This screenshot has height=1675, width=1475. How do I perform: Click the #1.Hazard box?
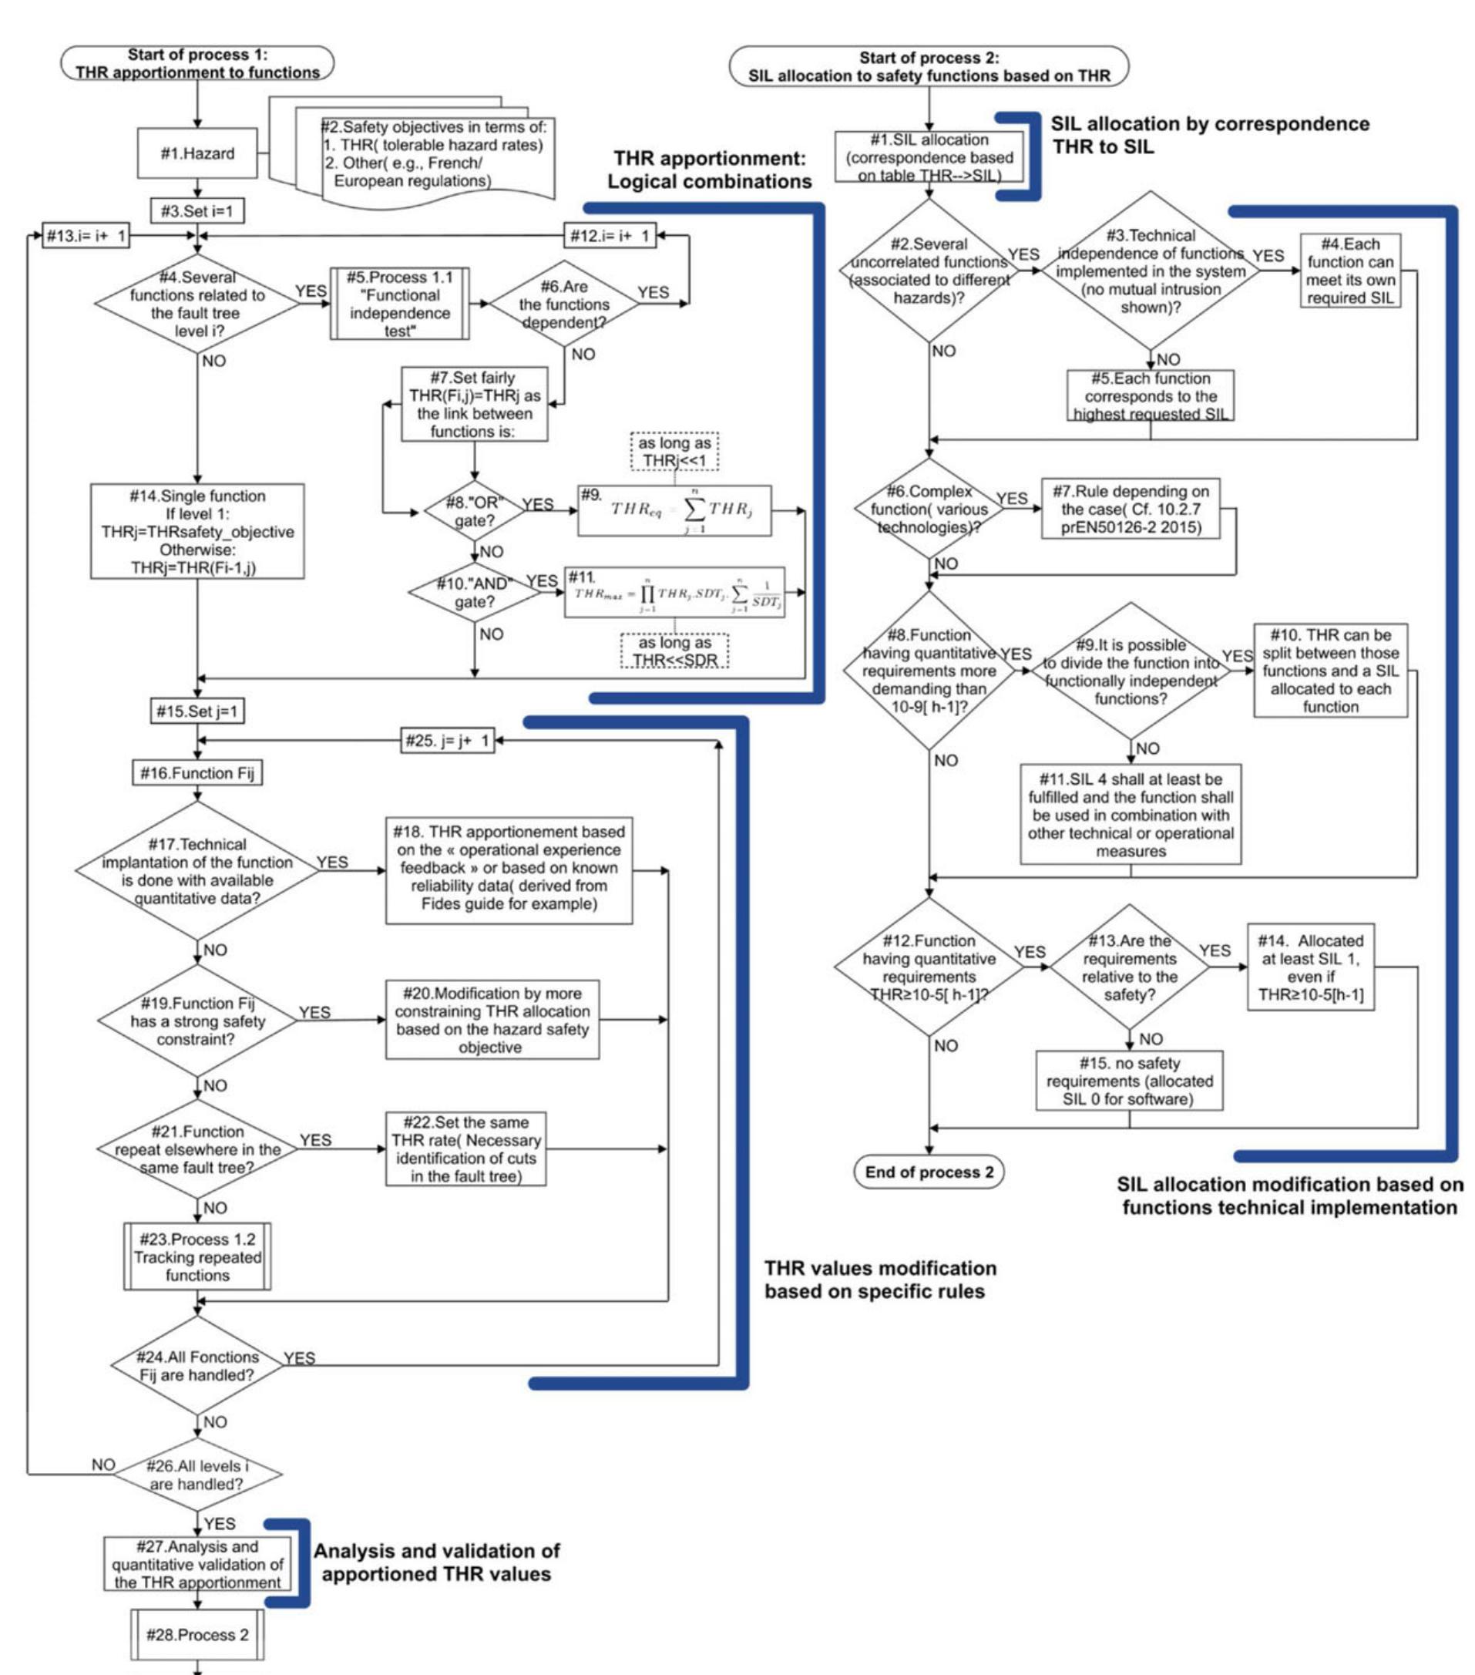point(197,153)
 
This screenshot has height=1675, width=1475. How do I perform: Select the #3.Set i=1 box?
point(197,211)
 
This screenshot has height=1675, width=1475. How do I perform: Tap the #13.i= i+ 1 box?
point(86,236)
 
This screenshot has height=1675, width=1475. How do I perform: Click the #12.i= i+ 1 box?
point(610,236)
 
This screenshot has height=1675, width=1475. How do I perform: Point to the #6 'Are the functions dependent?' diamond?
point(564,304)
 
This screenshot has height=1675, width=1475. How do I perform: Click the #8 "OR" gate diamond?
point(474,511)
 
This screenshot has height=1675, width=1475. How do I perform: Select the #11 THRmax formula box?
point(674,593)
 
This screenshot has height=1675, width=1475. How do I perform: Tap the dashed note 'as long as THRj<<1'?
point(674,452)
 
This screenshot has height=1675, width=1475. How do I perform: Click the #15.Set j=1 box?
point(197,711)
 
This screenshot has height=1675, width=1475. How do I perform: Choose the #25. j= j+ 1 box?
point(448,741)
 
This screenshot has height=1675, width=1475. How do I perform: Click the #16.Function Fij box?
point(197,773)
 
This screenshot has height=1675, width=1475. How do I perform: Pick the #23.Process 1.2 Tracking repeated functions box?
point(197,1257)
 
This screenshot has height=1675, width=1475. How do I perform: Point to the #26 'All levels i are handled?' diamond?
point(197,1475)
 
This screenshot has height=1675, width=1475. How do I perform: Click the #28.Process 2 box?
point(197,1635)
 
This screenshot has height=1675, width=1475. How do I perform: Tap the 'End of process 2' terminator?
point(929,1172)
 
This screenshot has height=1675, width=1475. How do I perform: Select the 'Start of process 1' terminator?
point(197,63)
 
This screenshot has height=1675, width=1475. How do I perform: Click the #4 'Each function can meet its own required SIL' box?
point(1349,271)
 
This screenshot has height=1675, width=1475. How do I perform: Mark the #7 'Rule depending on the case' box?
point(1130,509)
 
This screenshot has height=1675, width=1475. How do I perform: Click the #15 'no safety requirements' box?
point(1129,1081)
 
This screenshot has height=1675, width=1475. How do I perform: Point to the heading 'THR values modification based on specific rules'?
point(880,1280)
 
